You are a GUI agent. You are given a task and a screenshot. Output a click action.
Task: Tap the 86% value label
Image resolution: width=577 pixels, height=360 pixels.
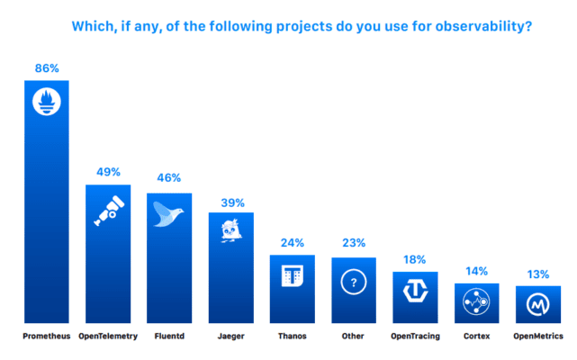click(x=46, y=67)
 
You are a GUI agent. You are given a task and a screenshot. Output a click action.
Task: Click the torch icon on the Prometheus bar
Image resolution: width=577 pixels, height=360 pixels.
click(x=46, y=102)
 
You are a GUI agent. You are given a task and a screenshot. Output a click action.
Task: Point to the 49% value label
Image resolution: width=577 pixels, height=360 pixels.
click(x=108, y=172)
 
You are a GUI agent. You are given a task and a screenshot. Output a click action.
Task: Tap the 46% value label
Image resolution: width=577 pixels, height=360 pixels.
click(x=169, y=179)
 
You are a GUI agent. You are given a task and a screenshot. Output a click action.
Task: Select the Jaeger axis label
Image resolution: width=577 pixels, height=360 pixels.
click(x=231, y=337)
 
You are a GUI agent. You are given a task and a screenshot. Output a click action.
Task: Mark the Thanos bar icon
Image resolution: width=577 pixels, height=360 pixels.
click(x=293, y=278)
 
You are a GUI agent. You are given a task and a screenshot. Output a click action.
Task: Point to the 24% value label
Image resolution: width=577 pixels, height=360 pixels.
click(x=293, y=242)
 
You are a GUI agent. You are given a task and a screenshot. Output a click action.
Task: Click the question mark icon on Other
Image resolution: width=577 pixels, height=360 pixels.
click(x=354, y=282)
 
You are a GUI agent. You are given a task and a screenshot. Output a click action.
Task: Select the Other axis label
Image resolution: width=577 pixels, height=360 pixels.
click(x=354, y=337)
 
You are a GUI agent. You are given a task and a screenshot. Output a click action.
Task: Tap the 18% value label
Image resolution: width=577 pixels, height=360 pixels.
click(x=415, y=259)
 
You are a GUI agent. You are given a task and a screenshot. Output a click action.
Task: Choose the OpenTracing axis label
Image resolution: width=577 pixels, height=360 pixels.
click(x=415, y=337)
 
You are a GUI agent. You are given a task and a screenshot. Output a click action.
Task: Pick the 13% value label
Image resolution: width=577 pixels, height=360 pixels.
click(x=538, y=274)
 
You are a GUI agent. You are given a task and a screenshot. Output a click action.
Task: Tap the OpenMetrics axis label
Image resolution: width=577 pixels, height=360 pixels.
click(x=538, y=337)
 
